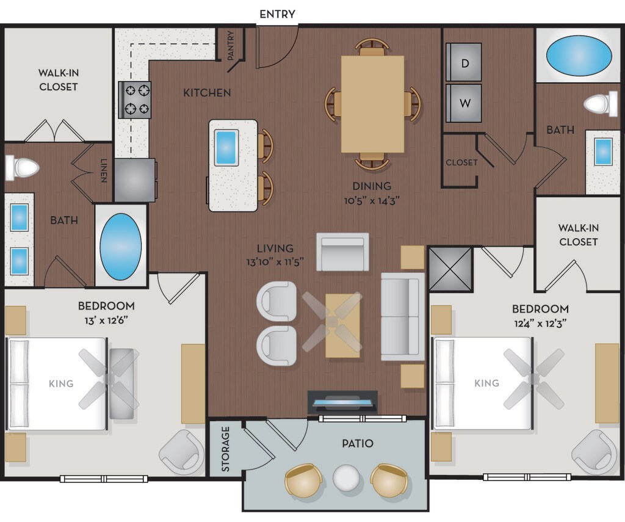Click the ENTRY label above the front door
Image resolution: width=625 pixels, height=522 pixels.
coord(278,15)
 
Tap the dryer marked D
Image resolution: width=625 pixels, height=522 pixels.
coord(464,62)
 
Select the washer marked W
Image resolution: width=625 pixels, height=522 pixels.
coord(464,103)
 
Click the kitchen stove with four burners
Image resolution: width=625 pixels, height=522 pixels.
coord(135,100)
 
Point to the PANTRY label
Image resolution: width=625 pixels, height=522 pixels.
coord(230,45)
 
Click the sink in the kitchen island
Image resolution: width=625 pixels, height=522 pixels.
coord(226,148)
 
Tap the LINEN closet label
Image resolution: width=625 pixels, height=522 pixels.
coord(104,171)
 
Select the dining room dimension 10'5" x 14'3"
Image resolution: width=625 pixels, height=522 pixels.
coord(372,200)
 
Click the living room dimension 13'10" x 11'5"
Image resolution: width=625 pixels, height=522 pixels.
coord(275,261)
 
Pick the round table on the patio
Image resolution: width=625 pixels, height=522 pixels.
coord(346,477)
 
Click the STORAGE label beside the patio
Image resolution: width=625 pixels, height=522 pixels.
coord(226,449)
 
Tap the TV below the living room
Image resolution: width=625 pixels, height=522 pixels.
coord(343,403)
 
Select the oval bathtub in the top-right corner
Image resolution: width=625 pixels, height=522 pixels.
coord(579,56)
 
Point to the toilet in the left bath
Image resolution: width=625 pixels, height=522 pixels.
coord(22,167)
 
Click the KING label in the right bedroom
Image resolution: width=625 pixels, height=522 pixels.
coord(486,383)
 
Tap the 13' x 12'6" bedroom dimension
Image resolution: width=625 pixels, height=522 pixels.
coord(106,320)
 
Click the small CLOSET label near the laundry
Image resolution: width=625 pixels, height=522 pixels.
coord(461,162)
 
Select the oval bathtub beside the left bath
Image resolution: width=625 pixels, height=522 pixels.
coord(120,247)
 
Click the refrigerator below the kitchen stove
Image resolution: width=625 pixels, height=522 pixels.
coord(135,180)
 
